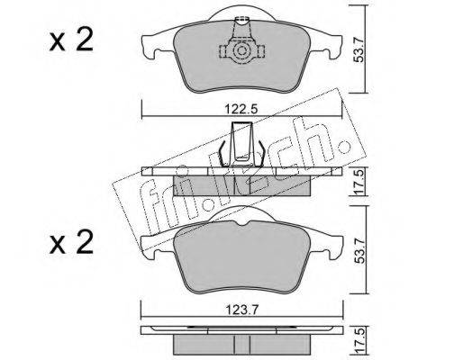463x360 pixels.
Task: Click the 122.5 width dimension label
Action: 241,109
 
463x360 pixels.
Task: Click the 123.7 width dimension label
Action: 241,310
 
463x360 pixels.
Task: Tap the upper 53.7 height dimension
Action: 359,49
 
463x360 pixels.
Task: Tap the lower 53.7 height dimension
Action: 359,249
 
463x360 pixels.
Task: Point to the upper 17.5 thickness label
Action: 359,182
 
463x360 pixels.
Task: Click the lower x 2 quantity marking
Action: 71,243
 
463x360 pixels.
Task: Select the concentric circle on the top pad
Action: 241,51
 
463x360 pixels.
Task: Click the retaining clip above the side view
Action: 241,144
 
